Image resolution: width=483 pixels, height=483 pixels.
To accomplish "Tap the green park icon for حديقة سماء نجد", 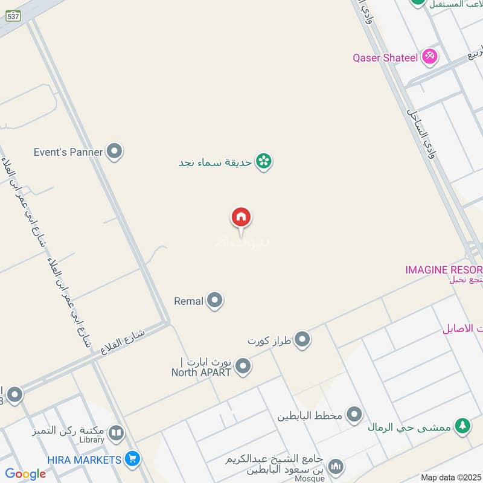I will pyautogui.click(x=263, y=161).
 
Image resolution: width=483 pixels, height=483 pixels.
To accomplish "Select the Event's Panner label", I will pyautogui.click(x=68, y=152).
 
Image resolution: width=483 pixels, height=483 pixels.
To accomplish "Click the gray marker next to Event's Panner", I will pyautogui.click(x=114, y=152).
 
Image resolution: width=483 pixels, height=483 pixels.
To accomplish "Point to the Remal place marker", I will pyautogui.click(x=214, y=300).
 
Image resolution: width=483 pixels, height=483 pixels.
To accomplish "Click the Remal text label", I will pyautogui.click(x=188, y=301).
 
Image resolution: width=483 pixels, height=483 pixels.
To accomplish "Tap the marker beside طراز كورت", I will pyautogui.click(x=302, y=340).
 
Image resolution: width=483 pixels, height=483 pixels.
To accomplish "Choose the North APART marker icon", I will pyautogui.click(x=243, y=366).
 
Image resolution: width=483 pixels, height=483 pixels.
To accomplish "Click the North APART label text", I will pyautogui.click(x=202, y=372).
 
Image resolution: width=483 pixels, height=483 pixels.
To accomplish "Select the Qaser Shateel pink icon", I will pyautogui.click(x=430, y=57).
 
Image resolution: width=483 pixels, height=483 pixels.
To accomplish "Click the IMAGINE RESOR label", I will pyautogui.click(x=444, y=269).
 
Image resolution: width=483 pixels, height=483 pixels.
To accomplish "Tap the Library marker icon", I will pyautogui.click(x=116, y=432).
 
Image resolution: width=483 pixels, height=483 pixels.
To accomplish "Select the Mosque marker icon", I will pyautogui.click(x=336, y=466).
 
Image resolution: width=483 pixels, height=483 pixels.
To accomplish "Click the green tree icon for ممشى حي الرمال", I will pyautogui.click(x=462, y=426).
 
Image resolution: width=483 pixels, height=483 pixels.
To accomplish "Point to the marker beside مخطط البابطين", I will pyautogui.click(x=354, y=415).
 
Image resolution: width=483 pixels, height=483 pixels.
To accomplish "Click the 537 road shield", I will pyautogui.click(x=13, y=16).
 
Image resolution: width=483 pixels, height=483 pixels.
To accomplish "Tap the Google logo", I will pyautogui.click(x=25, y=474).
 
